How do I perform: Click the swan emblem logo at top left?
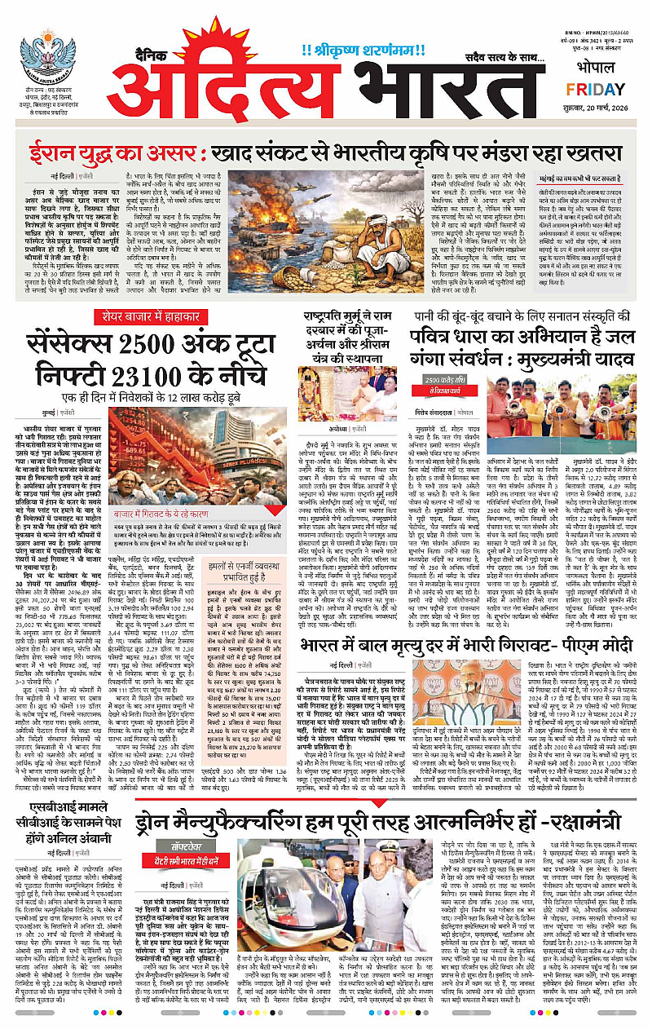coord(48,55)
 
